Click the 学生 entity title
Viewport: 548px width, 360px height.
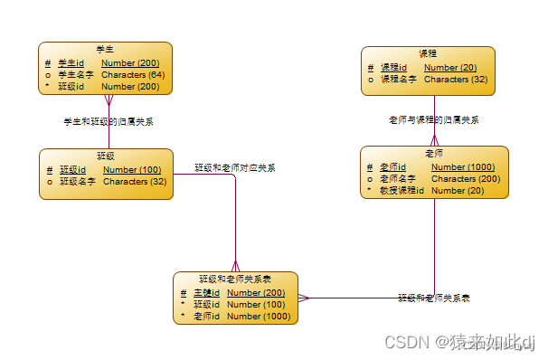pyautogui.click(x=104, y=49)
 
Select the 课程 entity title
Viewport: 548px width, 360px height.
pyautogui.click(x=428, y=53)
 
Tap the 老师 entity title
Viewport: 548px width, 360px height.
pyautogui.click(x=434, y=154)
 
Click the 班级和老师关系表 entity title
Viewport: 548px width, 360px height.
pyautogui.click(x=235, y=279)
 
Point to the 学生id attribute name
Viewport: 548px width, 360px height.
pyautogui.click(x=71, y=62)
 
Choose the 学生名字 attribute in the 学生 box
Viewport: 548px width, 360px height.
pyautogui.click(x=75, y=74)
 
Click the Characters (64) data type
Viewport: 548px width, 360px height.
pyautogui.click(x=133, y=74)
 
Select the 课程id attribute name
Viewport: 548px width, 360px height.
pyautogui.click(x=393, y=67)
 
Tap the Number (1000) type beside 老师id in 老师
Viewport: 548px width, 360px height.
pyautogui.click(x=463, y=166)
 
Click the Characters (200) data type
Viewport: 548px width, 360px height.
pyautogui.click(x=466, y=178)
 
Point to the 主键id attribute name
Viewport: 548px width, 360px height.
pyautogui.click(x=206, y=292)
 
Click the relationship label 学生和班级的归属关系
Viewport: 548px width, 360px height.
pyautogui.click(x=108, y=120)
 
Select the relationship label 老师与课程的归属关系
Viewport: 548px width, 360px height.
pyautogui.click(x=433, y=119)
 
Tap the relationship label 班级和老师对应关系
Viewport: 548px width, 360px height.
pyautogui.click(x=235, y=167)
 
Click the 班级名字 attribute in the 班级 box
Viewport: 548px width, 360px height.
pyautogui.click(x=78, y=181)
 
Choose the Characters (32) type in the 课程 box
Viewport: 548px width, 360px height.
pyautogui.click(x=456, y=79)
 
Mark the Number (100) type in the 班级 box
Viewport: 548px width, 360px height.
pyautogui.click(x=132, y=169)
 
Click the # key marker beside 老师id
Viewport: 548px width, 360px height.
pyautogui.click(x=370, y=166)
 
